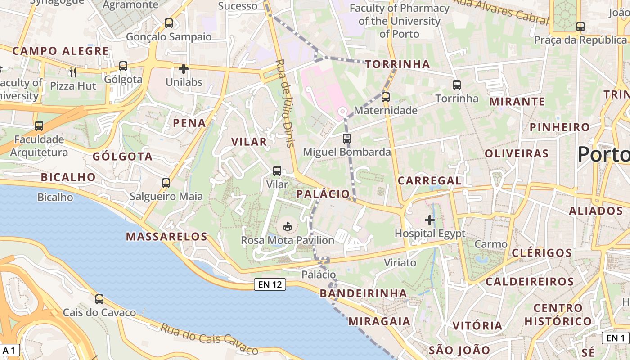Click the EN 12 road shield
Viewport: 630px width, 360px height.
point(270,284)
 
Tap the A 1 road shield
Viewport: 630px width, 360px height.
point(9,350)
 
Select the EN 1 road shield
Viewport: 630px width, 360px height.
point(616,338)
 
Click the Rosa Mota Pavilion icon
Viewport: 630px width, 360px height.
point(288,225)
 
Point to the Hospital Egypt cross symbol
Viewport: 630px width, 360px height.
point(430,220)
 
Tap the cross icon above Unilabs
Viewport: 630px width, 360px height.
point(183,69)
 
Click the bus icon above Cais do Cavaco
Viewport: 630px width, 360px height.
point(99,299)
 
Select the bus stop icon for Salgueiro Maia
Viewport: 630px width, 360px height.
point(166,183)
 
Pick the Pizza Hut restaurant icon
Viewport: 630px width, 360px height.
point(73,72)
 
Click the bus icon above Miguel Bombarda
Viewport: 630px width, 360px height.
point(346,138)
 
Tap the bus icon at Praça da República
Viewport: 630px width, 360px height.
point(580,26)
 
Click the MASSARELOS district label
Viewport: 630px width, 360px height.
point(166,237)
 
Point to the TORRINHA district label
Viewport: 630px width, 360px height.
point(398,64)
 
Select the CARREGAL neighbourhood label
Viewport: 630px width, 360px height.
point(430,181)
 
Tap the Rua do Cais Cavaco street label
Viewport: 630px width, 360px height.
point(209,339)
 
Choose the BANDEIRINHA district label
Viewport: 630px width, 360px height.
point(363,293)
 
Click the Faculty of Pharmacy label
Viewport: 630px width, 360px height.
point(399,21)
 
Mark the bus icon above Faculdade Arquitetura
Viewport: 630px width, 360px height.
point(39,126)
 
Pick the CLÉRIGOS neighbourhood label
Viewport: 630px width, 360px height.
point(542,253)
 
